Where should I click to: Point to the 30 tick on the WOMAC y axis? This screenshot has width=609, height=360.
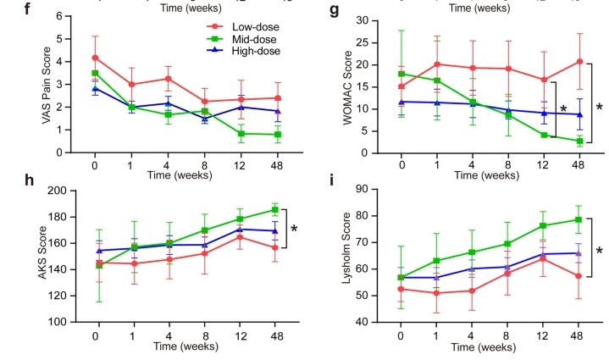coord(362,20)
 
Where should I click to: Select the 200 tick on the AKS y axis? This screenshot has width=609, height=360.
coord(53,191)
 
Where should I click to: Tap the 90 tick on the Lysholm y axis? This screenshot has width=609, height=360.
coord(362,191)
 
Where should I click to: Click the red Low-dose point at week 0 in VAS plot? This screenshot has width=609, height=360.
coord(95,58)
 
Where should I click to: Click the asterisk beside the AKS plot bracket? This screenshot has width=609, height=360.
coord(294,229)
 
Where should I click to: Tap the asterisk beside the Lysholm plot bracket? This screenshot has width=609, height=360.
coord(600,252)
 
